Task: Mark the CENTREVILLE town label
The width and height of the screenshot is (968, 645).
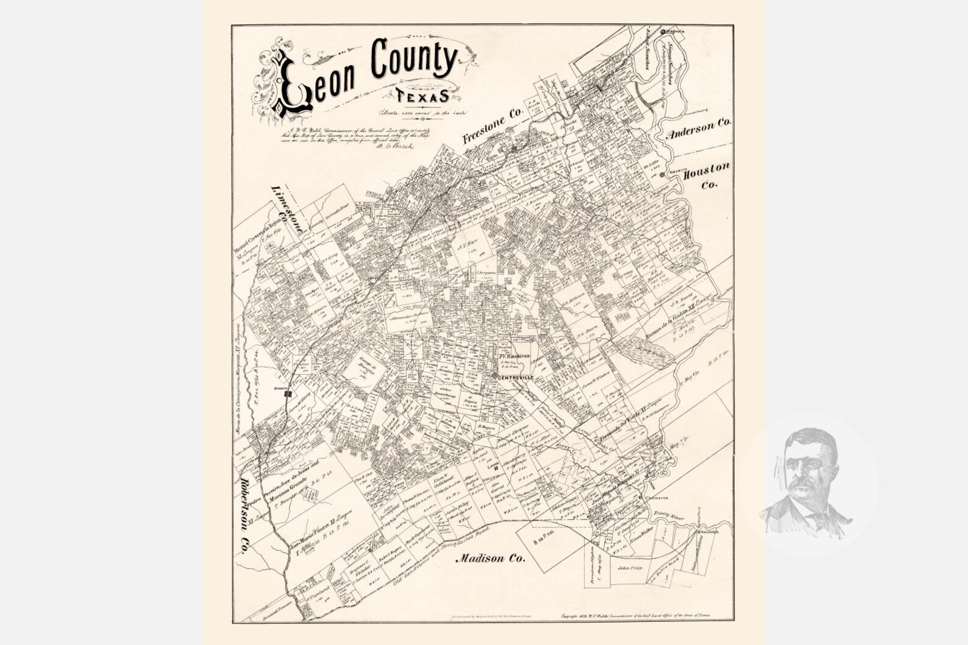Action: [516, 378]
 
